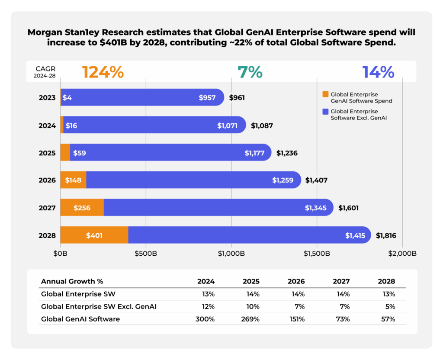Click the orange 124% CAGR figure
(103, 72)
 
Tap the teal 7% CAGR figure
(250, 72)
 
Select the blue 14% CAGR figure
(378, 72)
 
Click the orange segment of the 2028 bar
(94, 235)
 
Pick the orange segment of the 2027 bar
(82, 208)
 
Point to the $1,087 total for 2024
(262, 125)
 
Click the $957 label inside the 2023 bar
(207, 98)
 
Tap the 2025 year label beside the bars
(47, 153)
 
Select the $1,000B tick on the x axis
(231, 254)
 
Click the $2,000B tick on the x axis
(402, 254)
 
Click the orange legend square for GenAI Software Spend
(325, 94)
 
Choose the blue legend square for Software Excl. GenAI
(325, 112)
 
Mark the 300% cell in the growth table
(206, 319)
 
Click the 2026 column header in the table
(296, 281)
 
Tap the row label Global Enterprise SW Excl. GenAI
(98, 307)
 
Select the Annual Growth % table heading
(72, 281)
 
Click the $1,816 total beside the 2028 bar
(386, 236)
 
